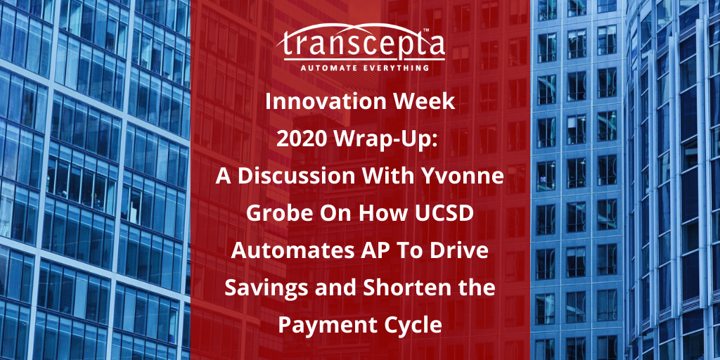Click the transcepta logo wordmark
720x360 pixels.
point(360,43)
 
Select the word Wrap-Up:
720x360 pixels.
point(388,141)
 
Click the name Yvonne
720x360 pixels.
point(468,176)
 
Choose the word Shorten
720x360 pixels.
point(408,288)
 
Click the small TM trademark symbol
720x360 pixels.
point(425,30)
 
